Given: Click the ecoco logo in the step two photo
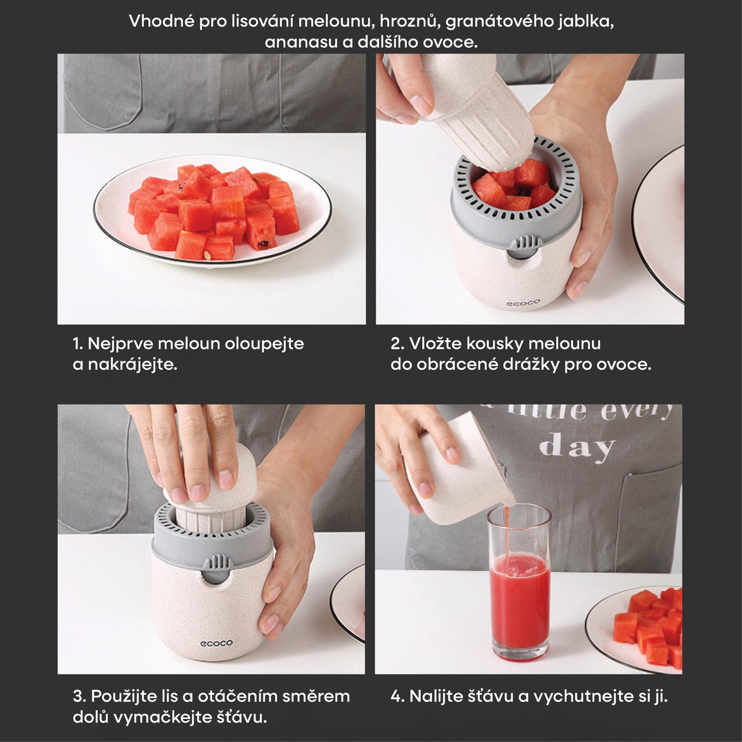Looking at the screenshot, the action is (523, 303).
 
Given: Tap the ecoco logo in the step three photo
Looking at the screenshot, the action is (216, 643).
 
